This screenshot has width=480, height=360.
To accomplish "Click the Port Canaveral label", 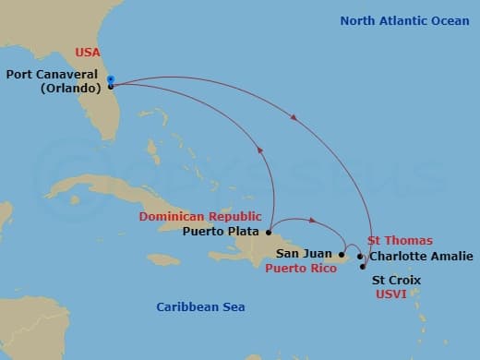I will [53, 76].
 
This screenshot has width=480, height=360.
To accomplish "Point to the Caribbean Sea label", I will [200, 306].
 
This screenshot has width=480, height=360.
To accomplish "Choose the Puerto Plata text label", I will [222, 231].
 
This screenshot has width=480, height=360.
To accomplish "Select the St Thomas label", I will [400, 240].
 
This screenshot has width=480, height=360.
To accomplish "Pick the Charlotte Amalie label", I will [421, 256].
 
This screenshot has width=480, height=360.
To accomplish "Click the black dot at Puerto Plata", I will [269, 232].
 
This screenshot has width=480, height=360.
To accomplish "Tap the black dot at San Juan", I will [342, 254].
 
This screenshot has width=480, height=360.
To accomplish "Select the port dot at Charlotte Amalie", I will [360, 256].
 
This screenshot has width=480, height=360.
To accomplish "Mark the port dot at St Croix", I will [362, 267].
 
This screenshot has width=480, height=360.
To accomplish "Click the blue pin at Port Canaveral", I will [110, 80].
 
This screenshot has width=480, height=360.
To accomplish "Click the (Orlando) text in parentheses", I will [71, 90].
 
